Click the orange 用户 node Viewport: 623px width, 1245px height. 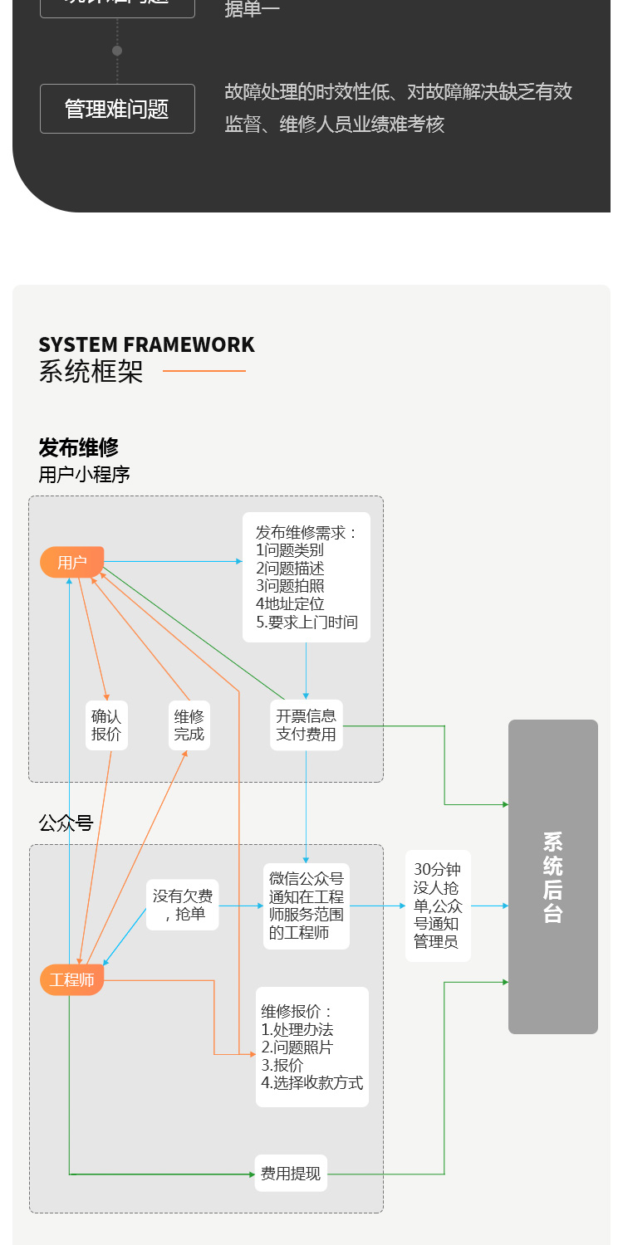[72, 562]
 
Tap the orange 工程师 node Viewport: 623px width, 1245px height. [72, 980]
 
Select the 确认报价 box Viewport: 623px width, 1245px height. [106, 725]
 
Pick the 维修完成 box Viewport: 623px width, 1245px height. [189, 725]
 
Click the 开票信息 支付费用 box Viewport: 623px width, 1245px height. [307, 725]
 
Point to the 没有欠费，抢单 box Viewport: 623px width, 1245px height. [183, 905]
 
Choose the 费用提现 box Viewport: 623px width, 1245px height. [291, 1174]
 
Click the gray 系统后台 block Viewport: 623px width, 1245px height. [553, 876]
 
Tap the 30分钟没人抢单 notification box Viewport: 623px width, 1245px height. [438, 906]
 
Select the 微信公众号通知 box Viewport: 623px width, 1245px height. [307, 906]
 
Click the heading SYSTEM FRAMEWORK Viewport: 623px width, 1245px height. [146, 344]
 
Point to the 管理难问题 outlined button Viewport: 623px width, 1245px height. [117, 109]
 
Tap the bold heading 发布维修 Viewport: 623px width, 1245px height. [79, 447]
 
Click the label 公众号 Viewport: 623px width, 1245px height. [66, 823]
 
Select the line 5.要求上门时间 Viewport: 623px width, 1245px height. [307, 622]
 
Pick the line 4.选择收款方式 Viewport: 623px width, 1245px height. [312, 1082]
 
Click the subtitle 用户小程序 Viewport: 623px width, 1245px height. [85, 475]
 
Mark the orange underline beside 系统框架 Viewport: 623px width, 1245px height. [204, 371]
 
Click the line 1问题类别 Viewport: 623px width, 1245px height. [290, 549]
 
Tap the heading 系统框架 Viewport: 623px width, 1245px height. [91, 371]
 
